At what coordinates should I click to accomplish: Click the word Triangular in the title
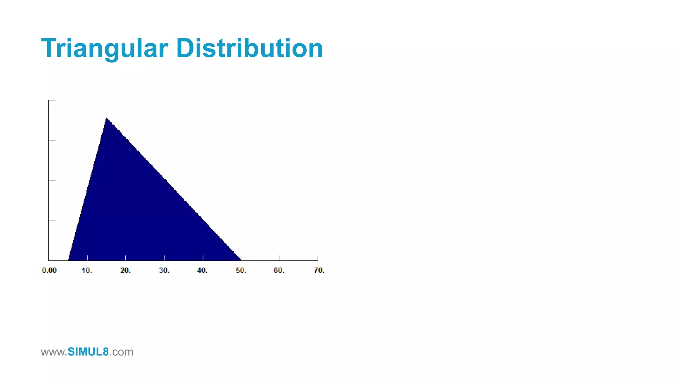[104, 48]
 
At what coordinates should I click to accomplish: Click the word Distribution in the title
[249, 48]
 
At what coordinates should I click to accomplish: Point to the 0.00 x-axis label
[49, 271]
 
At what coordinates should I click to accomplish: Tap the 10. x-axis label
[87, 271]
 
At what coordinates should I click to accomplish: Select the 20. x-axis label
[125, 271]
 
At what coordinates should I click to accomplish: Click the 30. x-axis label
[164, 271]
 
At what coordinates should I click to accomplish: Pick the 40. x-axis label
[202, 271]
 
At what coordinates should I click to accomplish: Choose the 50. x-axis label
[241, 271]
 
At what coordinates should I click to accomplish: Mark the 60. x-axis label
[279, 271]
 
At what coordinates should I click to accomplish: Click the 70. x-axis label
[319, 271]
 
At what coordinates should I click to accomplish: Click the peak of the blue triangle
[106, 118]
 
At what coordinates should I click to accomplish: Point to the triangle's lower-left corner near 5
[69, 260]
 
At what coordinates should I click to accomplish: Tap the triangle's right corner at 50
[240, 260]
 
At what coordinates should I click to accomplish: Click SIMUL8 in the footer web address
[88, 352]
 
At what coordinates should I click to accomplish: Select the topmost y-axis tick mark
[52, 100]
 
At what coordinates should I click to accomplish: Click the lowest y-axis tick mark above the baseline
[52, 221]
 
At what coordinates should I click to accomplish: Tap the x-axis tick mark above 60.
[279, 258]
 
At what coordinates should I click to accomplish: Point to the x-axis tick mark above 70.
[318, 258]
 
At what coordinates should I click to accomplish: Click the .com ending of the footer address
[121, 352]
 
